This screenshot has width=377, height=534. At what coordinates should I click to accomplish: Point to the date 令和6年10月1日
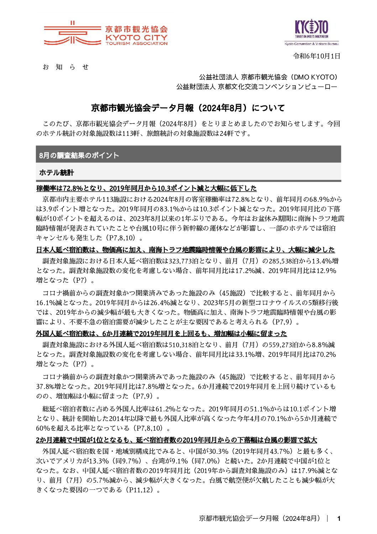[316, 56]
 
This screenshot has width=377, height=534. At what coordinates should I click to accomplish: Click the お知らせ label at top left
[66, 67]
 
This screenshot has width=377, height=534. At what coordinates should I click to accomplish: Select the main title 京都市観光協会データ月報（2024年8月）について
[188, 108]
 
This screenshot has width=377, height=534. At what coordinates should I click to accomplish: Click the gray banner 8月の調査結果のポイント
[79, 155]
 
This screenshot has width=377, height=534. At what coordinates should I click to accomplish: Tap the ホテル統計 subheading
[56, 173]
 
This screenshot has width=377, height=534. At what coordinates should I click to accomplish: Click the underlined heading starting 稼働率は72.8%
[146, 188]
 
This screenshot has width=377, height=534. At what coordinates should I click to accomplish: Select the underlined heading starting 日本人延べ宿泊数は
[185, 250]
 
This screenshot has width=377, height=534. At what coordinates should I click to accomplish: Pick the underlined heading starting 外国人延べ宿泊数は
[161, 334]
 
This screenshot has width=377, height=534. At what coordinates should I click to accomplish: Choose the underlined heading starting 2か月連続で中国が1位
[176, 440]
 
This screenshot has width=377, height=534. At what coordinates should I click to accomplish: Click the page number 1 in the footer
[339, 519]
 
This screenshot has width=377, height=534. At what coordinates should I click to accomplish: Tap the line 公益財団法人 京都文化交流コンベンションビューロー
[256, 87]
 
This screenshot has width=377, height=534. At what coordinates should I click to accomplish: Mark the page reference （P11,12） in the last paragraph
[137, 490]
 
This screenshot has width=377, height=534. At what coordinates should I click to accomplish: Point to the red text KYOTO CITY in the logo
[136, 37]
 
